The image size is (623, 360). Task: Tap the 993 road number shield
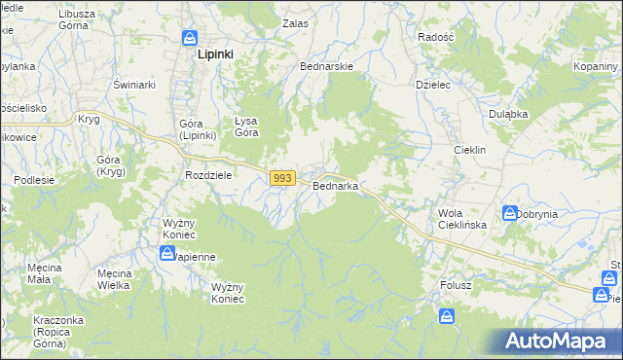(x=282, y=178)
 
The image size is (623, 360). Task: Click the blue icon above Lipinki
(x=190, y=38)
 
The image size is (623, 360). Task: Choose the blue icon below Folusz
(x=446, y=315)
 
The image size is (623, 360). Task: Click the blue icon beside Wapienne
(x=167, y=253)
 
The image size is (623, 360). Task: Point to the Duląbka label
(x=508, y=114)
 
